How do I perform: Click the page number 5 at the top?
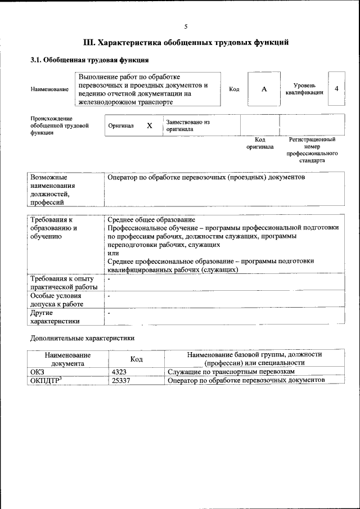click(186, 26)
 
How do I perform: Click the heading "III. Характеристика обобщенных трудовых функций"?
click(186, 42)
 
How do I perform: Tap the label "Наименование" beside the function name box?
click(49, 89)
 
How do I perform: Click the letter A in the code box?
click(263, 89)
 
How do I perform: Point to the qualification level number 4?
click(336, 89)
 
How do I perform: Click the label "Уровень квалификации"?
click(304, 88)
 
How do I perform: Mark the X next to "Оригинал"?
click(150, 126)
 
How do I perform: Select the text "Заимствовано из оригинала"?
click(188, 125)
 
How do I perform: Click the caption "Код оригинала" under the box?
click(259, 143)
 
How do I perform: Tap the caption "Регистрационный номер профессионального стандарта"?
click(312, 149)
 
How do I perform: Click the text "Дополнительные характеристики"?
click(82, 339)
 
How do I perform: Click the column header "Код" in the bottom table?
click(136, 359)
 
